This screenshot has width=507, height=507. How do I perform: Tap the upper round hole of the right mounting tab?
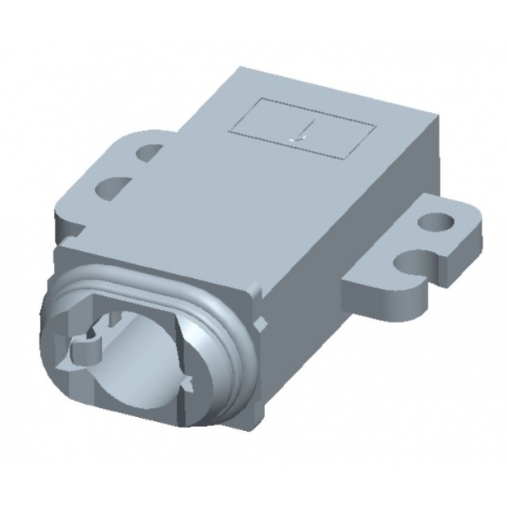[435, 221]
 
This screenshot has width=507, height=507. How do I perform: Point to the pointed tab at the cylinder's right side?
[186, 381]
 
